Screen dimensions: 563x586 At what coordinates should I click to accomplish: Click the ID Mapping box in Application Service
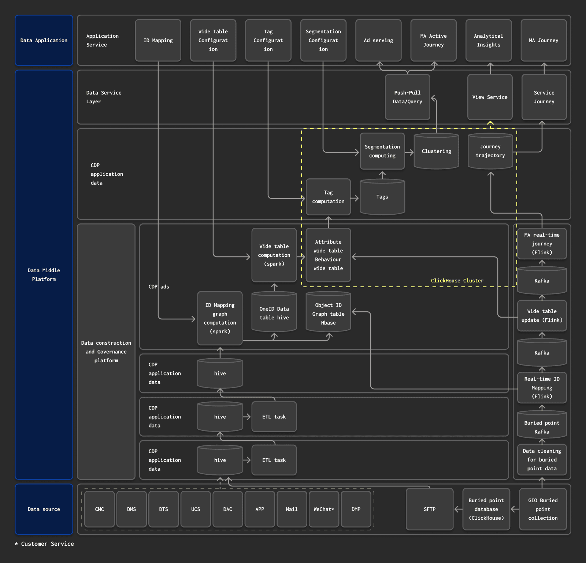(x=158, y=40)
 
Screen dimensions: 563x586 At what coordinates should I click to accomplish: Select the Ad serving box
(x=378, y=40)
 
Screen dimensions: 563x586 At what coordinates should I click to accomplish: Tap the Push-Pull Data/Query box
(x=407, y=97)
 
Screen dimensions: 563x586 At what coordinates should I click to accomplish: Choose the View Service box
(x=490, y=97)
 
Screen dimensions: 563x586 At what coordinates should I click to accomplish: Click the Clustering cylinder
(x=436, y=151)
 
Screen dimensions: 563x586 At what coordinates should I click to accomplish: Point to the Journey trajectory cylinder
(x=490, y=151)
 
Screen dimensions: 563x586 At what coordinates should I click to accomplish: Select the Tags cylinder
(x=382, y=197)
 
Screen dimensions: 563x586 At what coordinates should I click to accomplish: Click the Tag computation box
(x=328, y=197)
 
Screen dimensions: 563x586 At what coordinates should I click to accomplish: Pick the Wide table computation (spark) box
(x=274, y=255)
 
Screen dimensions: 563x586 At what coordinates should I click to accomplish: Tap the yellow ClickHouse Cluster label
(x=457, y=281)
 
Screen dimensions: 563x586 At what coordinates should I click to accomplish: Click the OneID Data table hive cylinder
(x=274, y=313)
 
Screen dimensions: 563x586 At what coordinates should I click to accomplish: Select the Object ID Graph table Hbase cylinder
(x=328, y=314)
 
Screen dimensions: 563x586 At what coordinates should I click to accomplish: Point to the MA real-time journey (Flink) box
(x=542, y=244)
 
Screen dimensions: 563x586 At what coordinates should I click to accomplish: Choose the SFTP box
(x=430, y=509)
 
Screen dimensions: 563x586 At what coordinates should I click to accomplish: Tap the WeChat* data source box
(x=324, y=509)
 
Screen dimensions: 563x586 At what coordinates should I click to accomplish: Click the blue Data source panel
(x=44, y=509)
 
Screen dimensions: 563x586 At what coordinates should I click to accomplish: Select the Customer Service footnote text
(x=45, y=544)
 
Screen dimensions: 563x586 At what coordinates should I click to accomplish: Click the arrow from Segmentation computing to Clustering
(x=409, y=152)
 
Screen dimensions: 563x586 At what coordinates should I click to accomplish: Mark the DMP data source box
(x=356, y=509)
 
